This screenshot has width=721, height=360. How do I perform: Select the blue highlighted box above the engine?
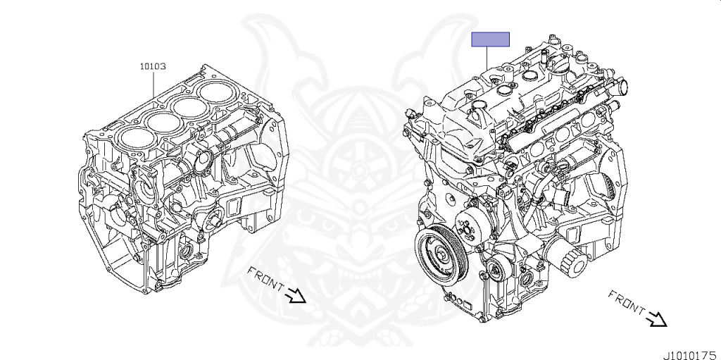[490, 39]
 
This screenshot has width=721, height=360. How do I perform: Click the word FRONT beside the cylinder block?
[265, 278]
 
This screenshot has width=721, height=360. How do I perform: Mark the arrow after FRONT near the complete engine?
[656, 319]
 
